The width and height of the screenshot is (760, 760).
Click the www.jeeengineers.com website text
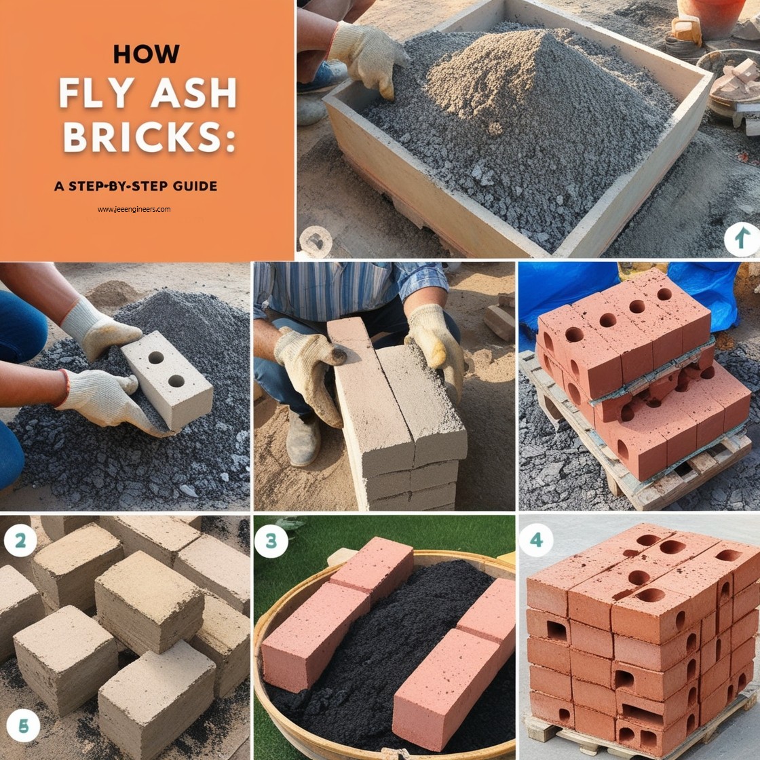point(134,209)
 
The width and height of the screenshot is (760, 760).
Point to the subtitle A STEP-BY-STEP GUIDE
point(136,186)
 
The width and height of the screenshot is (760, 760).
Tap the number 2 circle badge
point(20,541)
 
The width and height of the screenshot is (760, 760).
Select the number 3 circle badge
point(271,541)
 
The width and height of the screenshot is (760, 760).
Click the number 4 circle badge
point(536,541)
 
